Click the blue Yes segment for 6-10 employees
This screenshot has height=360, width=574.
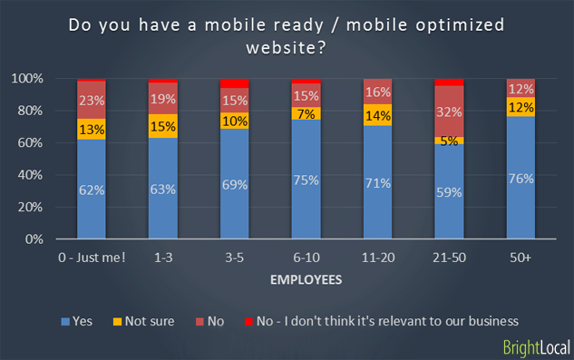tap(306, 180)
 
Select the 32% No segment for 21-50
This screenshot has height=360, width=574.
tap(450, 112)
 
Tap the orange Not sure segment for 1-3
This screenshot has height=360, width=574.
tap(163, 126)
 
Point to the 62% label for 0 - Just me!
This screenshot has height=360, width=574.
tap(92, 190)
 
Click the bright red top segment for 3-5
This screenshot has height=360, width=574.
tap(235, 83)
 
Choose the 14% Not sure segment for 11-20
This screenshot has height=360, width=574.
tap(378, 115)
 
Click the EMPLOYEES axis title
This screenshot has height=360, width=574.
tap(306, 279)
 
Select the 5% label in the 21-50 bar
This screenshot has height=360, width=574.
tap(450, 141)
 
